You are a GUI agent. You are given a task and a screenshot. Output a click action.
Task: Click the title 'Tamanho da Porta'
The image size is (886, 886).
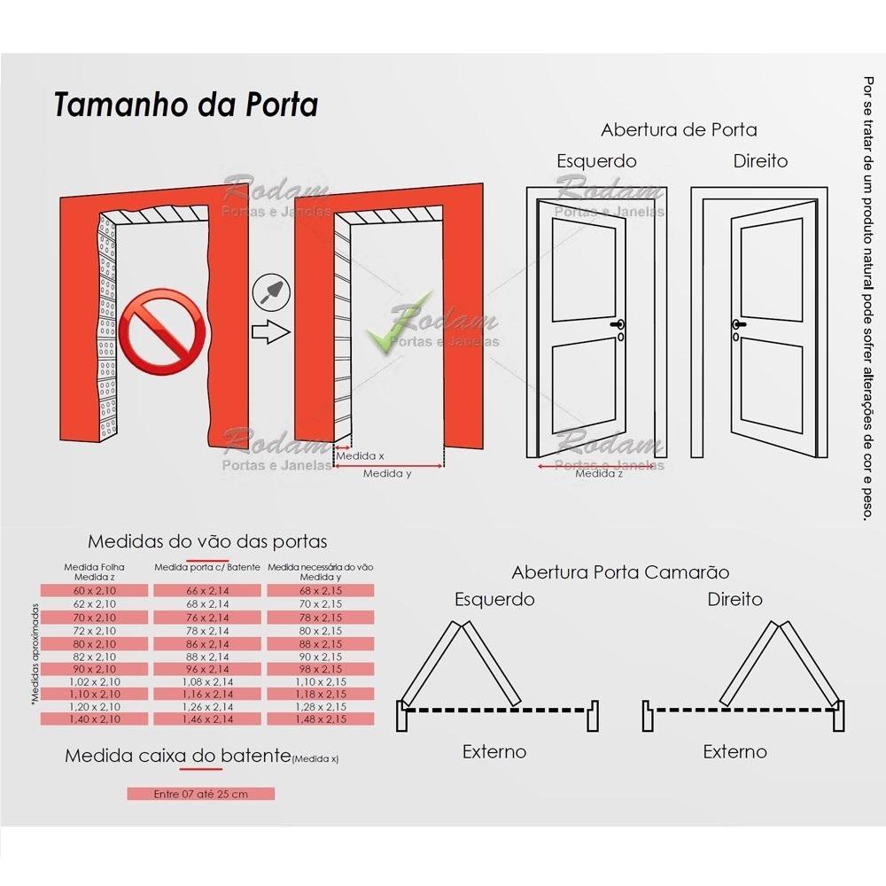(x=186, y=104)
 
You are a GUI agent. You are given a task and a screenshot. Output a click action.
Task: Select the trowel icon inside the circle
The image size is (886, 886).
(x=269, y=291)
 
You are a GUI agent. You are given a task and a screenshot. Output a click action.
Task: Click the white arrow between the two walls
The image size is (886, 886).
(x=271, y=333)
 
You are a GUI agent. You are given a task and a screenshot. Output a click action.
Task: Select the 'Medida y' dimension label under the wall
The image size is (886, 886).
(x=387, y=473)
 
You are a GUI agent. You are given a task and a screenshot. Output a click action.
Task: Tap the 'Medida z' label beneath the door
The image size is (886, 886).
(x=599, y=473)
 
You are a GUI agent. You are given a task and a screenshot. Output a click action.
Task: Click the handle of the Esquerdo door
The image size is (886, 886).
(x=618, y=326)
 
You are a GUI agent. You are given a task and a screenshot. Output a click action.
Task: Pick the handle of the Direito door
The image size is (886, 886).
(x=736, y=326)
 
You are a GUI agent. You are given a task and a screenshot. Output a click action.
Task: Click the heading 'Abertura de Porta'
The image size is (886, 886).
(x=679, y=129)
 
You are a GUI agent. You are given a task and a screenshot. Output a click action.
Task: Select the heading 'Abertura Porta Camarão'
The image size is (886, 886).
(x=620, y=572)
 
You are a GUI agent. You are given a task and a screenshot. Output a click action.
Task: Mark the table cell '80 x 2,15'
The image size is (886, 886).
(x=322, y=630)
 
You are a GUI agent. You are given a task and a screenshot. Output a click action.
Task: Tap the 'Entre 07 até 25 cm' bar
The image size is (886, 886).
(x=200, y=794)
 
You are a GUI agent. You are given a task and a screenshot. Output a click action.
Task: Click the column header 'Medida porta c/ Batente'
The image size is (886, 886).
(x=207, y=567)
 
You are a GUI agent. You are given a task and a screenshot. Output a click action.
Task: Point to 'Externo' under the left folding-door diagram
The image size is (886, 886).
(x=494, y=751)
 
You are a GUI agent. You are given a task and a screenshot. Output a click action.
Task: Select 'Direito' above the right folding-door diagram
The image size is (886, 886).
(x=734, y=599)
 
